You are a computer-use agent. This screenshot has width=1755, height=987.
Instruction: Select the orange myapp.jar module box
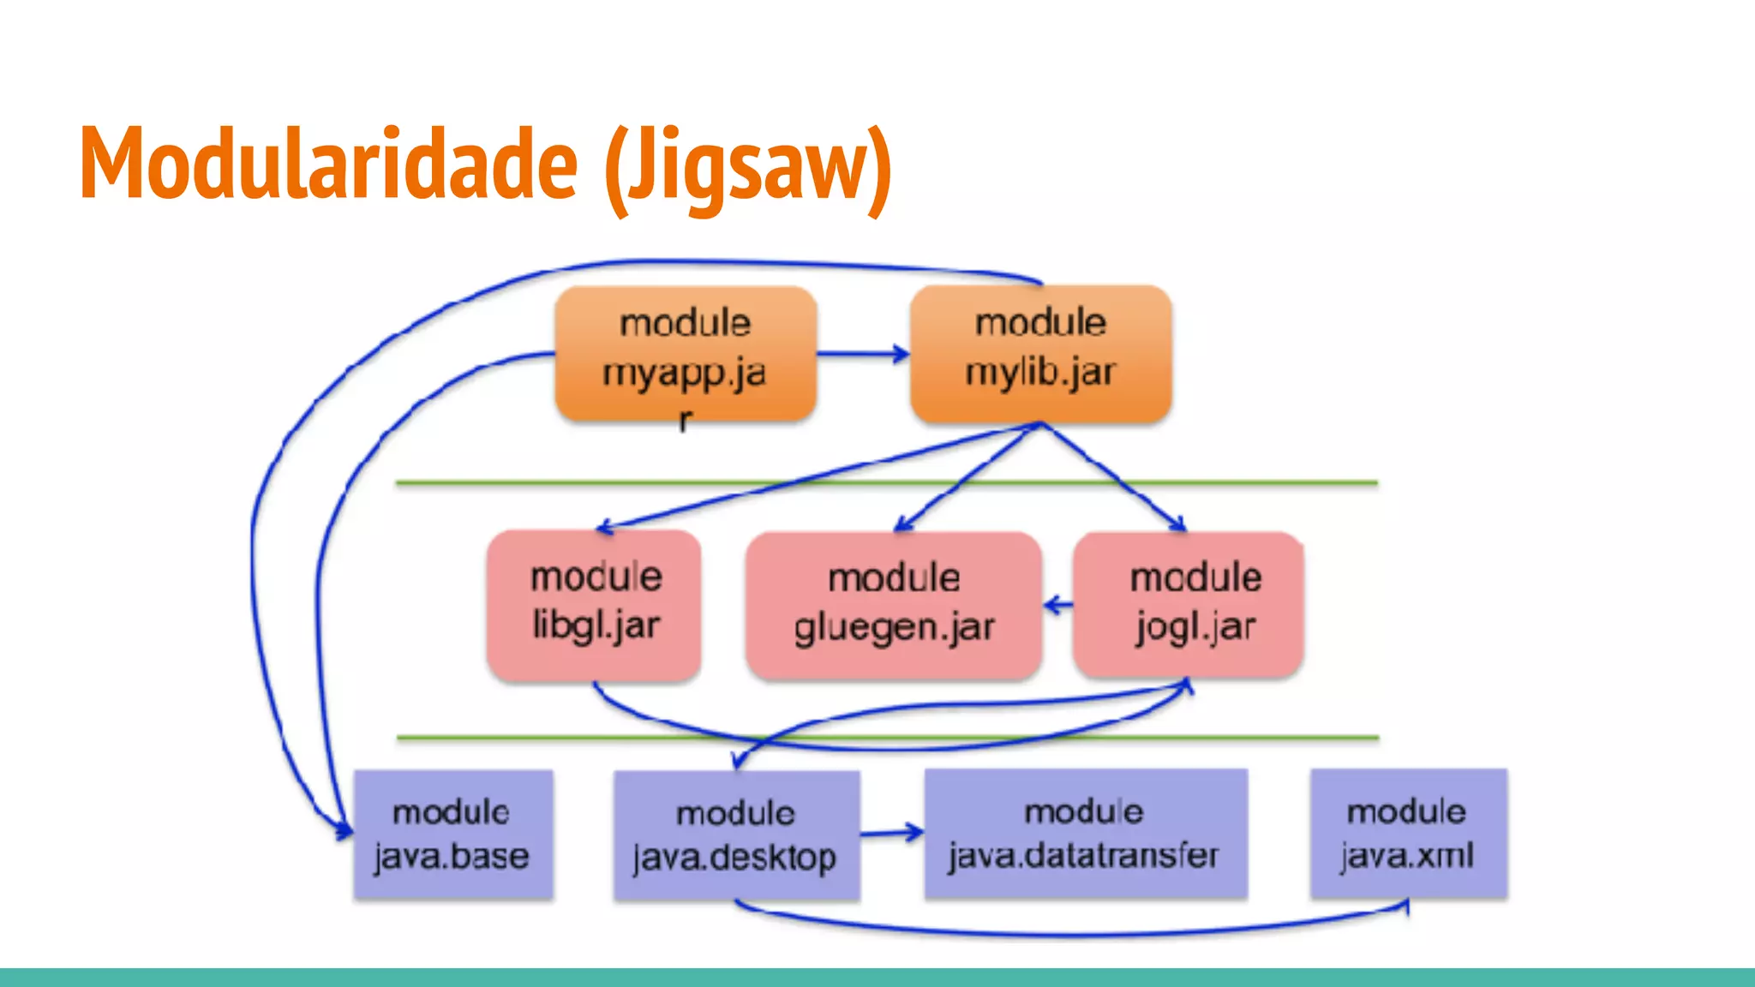pyautogui.click(x=686, y=353)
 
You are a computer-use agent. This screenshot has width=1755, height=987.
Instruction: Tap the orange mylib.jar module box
pyautogui.click(x=1040, y=353)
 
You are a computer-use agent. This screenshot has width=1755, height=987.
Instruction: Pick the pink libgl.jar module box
pyautogui.click(x=595, y=605)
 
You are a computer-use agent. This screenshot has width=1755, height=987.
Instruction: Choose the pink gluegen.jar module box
pyautogui.click(x=893, y=605)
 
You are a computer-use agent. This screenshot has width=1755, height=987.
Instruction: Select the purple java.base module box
pyautogui.click(x=452, y=834)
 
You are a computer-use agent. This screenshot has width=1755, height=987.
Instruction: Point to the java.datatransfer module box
pyautogui.click(x=1085, y=834)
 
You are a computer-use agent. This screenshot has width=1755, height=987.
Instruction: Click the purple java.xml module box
pyautogui.click(x=1408, y=834)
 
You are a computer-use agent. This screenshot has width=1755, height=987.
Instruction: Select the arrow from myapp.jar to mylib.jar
pyautogui.click(x=862, y=354)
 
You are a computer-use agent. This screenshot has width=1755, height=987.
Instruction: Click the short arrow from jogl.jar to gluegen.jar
pyautogui.click(x=1057, y=606)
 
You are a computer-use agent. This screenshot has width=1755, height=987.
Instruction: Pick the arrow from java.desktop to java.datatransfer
pyautogui.click(x=892, y=832)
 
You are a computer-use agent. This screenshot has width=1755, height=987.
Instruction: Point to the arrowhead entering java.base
pyautogui.click(x=344, y=829)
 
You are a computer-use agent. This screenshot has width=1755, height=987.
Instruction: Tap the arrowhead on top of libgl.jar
pyautogui.click(x=605, y=528)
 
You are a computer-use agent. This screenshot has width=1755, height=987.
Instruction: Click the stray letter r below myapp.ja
pyautogui.click(x=685, y=421)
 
